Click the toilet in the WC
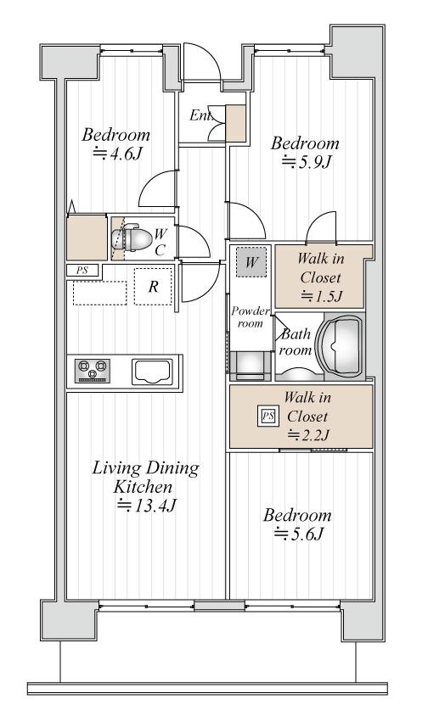click(x=132, y=238)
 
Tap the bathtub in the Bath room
click(x=341, y=346)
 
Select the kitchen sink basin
click(x=152, y=372)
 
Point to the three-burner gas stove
click(x=93, y=371)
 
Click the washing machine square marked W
click(x=251, y=262)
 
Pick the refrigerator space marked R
click(x=153, y=287)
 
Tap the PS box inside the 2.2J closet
click(x=267, y=417)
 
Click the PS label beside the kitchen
click(x=82, y=271)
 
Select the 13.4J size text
click(x=146, y=505)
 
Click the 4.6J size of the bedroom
click(x=117, y=153)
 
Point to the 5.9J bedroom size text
click(x=307, y=162)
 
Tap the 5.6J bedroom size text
click(x=298, y=534)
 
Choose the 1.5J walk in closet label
click(x=321, y=277)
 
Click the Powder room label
click(x=251, y=316)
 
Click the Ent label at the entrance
click(x=200, y=115)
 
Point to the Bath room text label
click(x=296, y=341)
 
